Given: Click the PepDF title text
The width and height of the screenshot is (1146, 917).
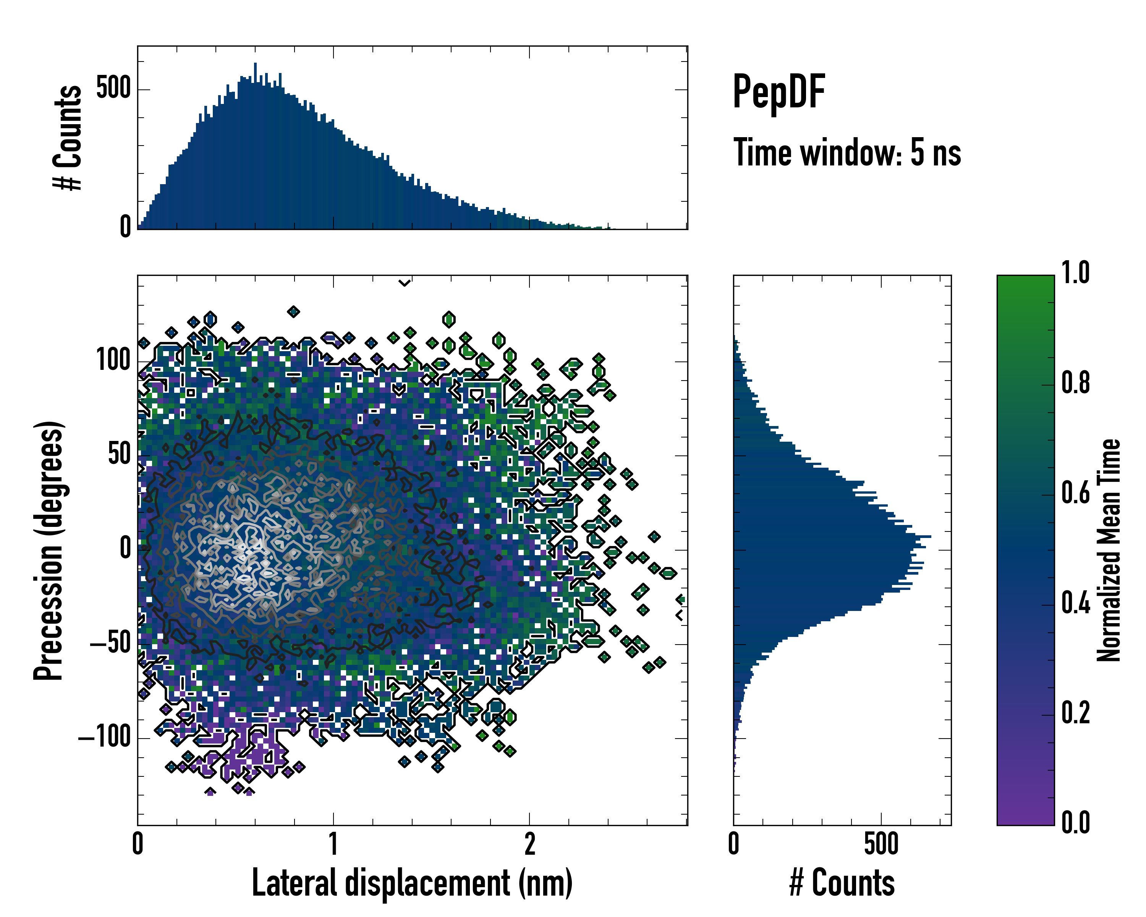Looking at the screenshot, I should click(778, 92).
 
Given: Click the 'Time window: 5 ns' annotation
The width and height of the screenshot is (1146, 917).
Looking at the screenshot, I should click(847, 152).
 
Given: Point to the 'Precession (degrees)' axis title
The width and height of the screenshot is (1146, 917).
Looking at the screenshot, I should click(49, 550).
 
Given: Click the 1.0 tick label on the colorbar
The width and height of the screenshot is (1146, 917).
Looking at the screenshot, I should click(1075, 273).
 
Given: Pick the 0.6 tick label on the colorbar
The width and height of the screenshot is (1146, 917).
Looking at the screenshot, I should click(1075, 493).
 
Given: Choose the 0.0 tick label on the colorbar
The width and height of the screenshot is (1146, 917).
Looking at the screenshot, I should click(1075, 822).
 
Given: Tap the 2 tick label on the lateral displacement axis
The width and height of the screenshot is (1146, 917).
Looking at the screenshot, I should click(529, 844).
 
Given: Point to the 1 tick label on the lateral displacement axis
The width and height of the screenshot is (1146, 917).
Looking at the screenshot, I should click(333, 844).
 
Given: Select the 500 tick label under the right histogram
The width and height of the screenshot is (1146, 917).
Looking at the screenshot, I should click(881, 844).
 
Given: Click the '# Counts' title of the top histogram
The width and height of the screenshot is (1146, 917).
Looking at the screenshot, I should click(68, 137).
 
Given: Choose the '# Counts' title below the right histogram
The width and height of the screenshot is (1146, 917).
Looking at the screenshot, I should click(842, 883).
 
